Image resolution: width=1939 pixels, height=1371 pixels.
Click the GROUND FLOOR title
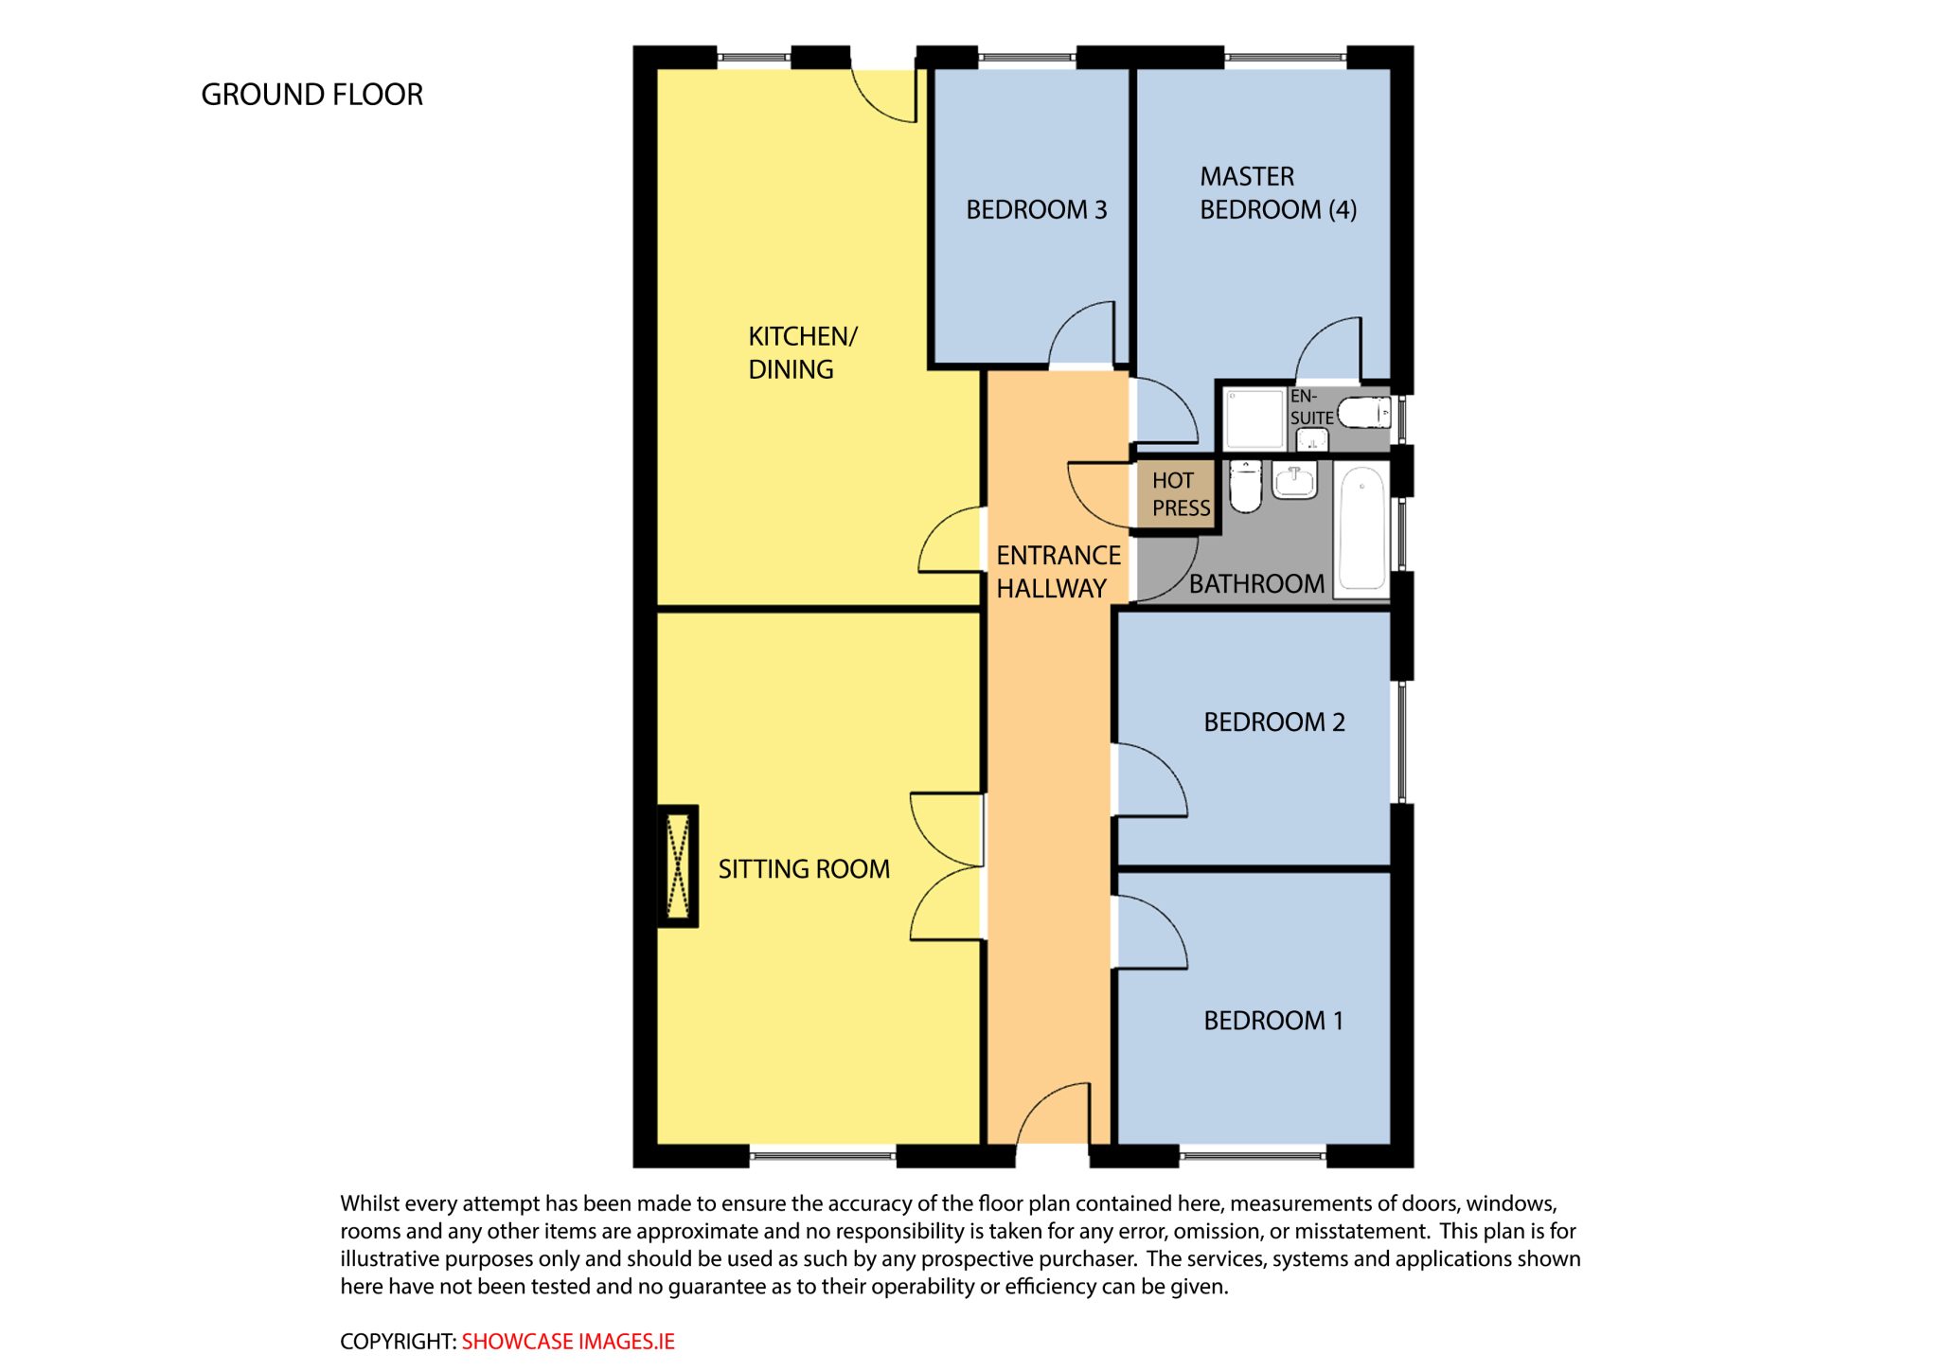coord(311,95)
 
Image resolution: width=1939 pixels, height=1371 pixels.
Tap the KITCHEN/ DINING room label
coord(802,352)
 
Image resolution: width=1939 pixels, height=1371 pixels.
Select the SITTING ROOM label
coord(804,868)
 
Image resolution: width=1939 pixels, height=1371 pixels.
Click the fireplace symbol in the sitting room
coord(678,865)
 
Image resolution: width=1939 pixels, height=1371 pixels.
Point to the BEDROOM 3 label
coord(1036,209)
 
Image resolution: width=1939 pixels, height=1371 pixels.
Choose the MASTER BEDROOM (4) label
coord(1278,193)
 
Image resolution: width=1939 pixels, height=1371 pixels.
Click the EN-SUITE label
coord(1311,407)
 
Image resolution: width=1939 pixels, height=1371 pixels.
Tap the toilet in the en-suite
coord(1363,413)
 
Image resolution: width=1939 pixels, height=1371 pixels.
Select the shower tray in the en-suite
coord(1254,418)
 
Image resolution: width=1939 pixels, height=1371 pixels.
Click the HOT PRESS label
coord(1181,494)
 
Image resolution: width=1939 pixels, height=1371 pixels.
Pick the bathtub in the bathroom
coord(1361,529)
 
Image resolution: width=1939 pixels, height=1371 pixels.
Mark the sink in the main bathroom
coord(1294,480)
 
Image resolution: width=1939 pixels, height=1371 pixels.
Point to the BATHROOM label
coord(1256,583)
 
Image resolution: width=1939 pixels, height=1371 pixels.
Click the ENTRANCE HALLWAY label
coord(1058,572)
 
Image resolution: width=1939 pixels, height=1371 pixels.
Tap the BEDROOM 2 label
coord(1274,722)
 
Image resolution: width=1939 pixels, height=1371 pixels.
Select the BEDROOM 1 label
coord(1273,1021)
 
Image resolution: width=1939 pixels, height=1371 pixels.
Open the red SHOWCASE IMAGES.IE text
coord(568,1342)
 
